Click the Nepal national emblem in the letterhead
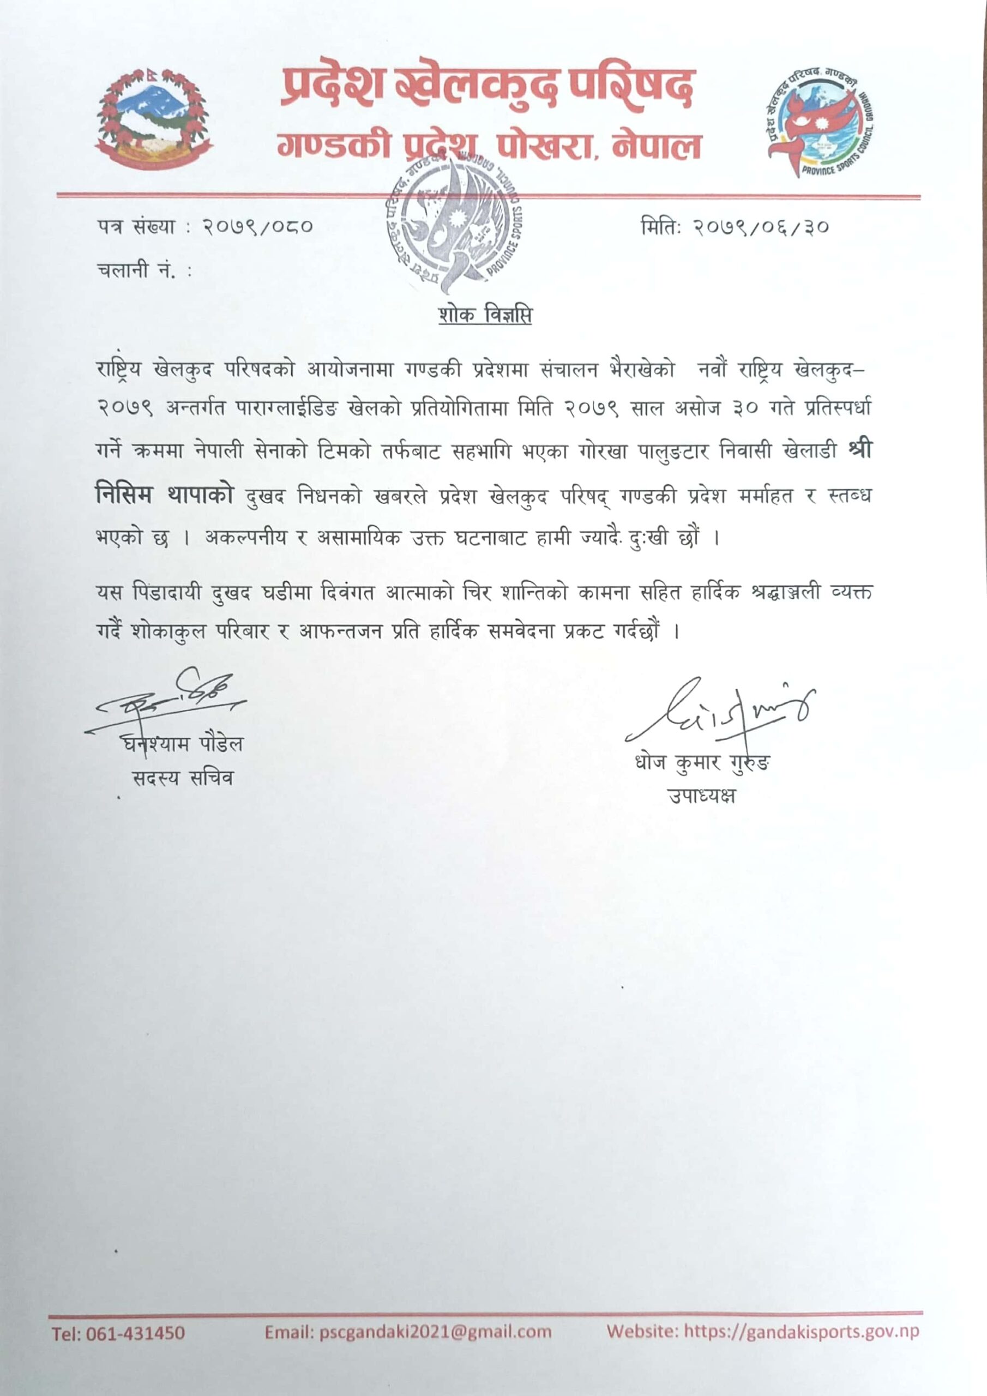153,119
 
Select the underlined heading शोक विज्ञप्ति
485,315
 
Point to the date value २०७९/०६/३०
761,227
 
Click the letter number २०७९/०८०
258,227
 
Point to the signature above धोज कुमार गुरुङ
721,712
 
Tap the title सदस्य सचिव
182,778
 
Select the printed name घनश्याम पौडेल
182,744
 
